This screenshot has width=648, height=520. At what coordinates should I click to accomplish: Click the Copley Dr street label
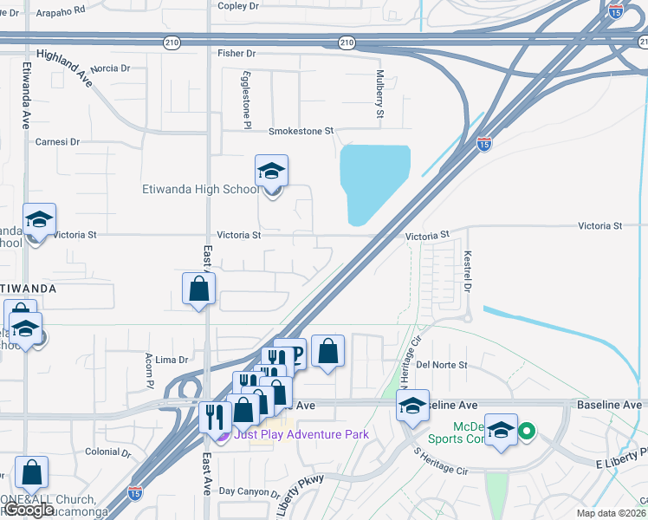[238, 5]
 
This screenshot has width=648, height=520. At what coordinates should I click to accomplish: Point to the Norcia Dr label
[110, 68]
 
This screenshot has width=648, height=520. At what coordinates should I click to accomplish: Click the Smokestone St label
[301, 131]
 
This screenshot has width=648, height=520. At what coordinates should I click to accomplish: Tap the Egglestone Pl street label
[247, 96]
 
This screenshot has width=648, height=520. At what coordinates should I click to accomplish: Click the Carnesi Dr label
[57, 141]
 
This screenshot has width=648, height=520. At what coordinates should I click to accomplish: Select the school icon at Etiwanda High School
[271, 172]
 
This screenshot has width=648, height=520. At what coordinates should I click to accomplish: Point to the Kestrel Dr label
[467, 271]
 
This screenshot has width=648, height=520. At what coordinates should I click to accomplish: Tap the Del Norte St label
[442, 365]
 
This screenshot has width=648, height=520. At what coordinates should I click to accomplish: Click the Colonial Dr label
[108, 452]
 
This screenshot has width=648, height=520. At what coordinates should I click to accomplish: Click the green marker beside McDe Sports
[524, 428]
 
